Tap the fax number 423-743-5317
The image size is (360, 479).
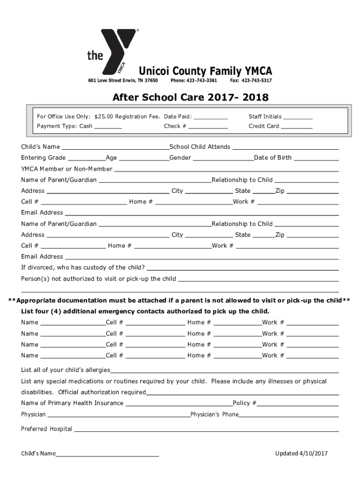[256, 81]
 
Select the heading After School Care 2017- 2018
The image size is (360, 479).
[190, 97]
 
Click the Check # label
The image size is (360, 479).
[175, 126]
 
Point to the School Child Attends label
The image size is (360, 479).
[200, 147]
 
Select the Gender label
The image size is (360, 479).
[180, 158]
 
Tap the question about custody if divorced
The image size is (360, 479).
[83, 268]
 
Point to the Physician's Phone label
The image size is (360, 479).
[215, 414]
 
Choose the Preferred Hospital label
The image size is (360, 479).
[46, 429]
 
